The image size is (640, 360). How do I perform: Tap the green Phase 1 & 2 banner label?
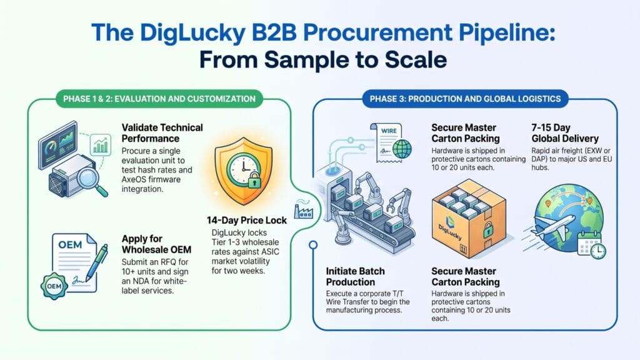point(159,99)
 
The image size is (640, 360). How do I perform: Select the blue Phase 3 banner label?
point(465,99)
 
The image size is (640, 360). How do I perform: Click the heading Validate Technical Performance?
point(162,133)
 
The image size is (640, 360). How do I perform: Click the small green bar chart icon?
point(101,145)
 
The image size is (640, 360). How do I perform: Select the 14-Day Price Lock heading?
point(246,221)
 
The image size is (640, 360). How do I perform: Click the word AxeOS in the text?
point(134,179)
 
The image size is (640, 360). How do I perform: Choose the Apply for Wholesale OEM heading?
point(156,244)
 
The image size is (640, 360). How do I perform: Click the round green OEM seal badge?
point(54,286)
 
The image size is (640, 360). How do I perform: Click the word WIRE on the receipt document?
point(389,131)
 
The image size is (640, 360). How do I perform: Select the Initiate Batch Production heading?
point(355,276)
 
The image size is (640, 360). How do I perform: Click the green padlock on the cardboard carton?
point(487,230)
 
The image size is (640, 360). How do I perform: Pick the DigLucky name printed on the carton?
point(450,232)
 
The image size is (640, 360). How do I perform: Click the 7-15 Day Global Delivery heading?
point(565,133)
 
